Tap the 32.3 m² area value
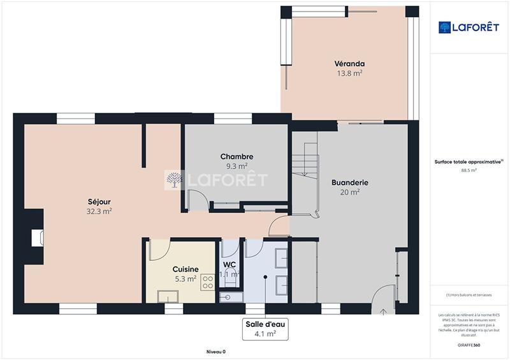tap(99, 211)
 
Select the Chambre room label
tap(237, 157)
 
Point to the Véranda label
tap(349, 64)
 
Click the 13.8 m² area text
tap(349, 73)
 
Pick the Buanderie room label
tap(350, 182)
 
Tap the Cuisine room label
tap(186, 269)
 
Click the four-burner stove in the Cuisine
tap(208, 283)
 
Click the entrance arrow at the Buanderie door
tap(384, 312)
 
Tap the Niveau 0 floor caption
tap(216, 352)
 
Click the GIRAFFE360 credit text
tap(469, 345)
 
